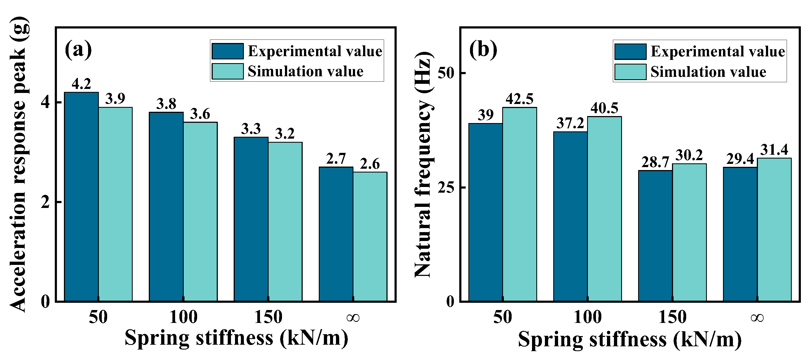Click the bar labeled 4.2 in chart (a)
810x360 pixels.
81,196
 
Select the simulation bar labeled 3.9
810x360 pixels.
115,204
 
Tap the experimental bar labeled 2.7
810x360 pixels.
336,234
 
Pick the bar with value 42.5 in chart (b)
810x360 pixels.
519,204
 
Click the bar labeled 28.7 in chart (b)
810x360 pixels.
655,236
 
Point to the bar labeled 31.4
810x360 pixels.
774,229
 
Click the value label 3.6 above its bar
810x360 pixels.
200,114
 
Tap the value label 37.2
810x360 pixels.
570,123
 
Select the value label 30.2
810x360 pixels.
689,155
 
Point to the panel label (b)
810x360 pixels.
483,49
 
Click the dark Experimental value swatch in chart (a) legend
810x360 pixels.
227,51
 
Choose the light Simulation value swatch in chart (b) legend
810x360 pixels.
630,72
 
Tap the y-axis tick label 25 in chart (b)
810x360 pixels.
446,188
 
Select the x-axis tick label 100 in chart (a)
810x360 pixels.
183,317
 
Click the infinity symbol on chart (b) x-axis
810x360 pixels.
757,318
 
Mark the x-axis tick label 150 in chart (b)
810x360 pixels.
672,317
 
